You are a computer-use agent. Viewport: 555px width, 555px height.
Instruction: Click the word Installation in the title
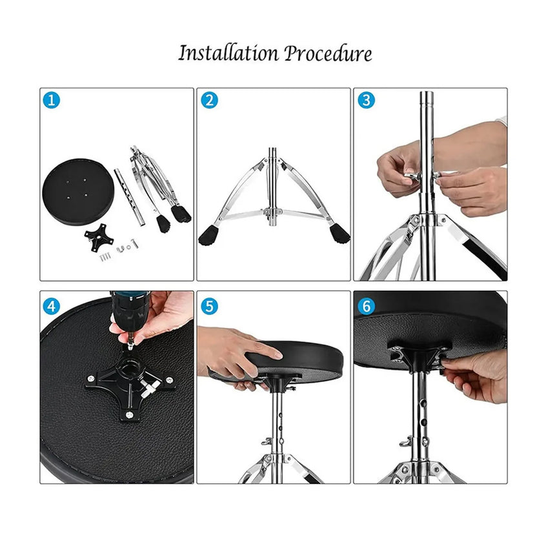tap(228, 54)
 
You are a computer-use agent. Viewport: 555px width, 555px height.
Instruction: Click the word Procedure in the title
tap(328, 54)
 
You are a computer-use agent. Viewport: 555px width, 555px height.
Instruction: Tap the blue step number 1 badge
tap(52, 100)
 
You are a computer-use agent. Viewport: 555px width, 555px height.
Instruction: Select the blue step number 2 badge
tap(209, 100)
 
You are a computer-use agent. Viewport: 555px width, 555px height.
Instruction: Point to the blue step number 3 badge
tap(367, 100)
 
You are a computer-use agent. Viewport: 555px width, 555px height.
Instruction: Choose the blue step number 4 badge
tap(52, 306)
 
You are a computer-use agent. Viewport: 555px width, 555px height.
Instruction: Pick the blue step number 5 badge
tap(209, 306)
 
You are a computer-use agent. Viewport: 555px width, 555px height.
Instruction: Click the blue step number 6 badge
tap(367, 306)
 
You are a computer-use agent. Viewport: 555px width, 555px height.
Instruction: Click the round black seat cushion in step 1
tap(78, 192)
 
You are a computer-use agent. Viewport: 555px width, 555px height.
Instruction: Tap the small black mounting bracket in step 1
tap(99, 237)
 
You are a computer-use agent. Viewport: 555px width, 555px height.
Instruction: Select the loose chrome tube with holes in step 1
tap(130, 197)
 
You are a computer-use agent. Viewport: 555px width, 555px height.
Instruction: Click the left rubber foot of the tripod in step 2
tap(208, 236)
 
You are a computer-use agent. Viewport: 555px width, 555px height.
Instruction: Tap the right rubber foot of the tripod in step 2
tap(339, 234)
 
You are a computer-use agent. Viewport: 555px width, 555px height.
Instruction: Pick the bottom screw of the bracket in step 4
tap(129, 414)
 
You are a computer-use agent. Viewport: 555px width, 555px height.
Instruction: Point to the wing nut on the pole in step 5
tap(266, 441)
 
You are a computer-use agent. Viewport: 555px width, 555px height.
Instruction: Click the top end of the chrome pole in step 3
tap(427, 93)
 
